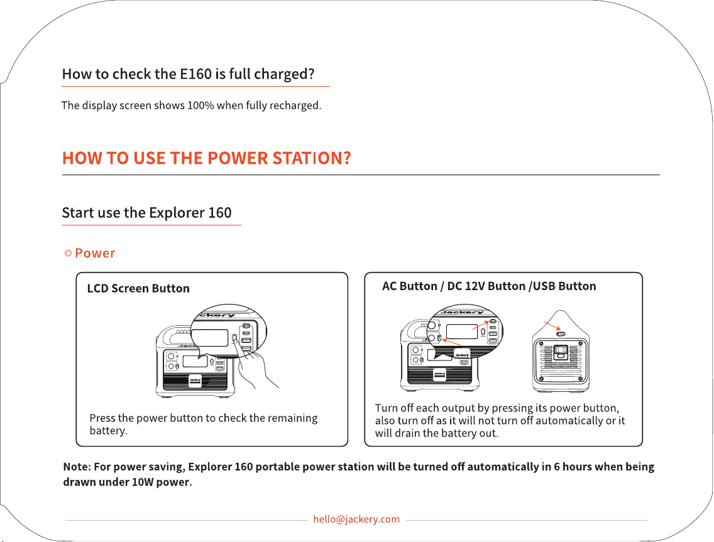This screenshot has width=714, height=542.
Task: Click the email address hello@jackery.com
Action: pyautogui.click(x=356, y=519)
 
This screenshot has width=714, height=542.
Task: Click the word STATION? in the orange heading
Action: pyautogui.click(x=312, y=158)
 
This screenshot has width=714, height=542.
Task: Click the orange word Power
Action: pyautogui.click(x=95, y=253)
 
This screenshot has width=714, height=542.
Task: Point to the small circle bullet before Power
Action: pyautogui.click(x=69, y=253)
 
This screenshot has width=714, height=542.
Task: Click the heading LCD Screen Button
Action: pyautogui.click(x=138, y=288)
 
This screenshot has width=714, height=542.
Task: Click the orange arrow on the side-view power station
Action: pyautogui.click(x=552, y=326)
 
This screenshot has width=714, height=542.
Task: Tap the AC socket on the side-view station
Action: pyautogui.click(x=561, y=353)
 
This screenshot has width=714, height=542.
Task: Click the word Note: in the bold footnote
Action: pyautogui.click(x=77, y=467)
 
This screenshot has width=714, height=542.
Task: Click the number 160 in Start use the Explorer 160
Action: pyautogui.click(x=220, y=212)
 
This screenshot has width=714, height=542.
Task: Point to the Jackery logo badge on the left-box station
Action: pyautogui.click(x=195, y=381)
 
